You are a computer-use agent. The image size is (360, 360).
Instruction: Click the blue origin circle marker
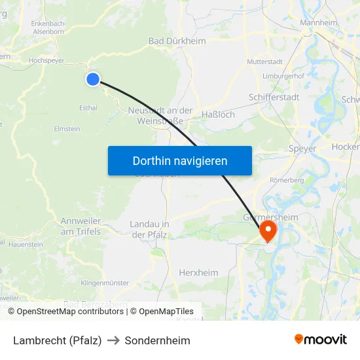tap(93, 79)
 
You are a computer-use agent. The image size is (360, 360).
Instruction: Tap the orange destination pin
tap(268, 230)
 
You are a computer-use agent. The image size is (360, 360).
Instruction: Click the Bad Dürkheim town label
tap(177, 41)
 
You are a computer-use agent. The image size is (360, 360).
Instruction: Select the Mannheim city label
tap(318, 23)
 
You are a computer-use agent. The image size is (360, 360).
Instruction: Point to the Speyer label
tap(302, 149)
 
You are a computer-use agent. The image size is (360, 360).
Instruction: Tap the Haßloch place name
tap(217, 115)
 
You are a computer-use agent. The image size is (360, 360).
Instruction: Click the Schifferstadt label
tap(274, 97)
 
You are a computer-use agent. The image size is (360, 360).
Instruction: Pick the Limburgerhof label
tap(283, 77)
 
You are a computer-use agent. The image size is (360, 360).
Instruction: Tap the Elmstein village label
tap(67, 129)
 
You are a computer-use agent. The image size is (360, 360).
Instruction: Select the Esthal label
tap(88, 107)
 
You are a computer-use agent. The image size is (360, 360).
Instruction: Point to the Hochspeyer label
tap(46, 60)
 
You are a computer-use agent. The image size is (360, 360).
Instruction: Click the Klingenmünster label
tap(105, 283)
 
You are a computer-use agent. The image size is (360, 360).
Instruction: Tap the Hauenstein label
tap(26, 244)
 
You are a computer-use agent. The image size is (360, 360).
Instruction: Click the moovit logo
tap(321, 340)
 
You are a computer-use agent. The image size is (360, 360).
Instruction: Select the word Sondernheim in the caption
tap(158, 340)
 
